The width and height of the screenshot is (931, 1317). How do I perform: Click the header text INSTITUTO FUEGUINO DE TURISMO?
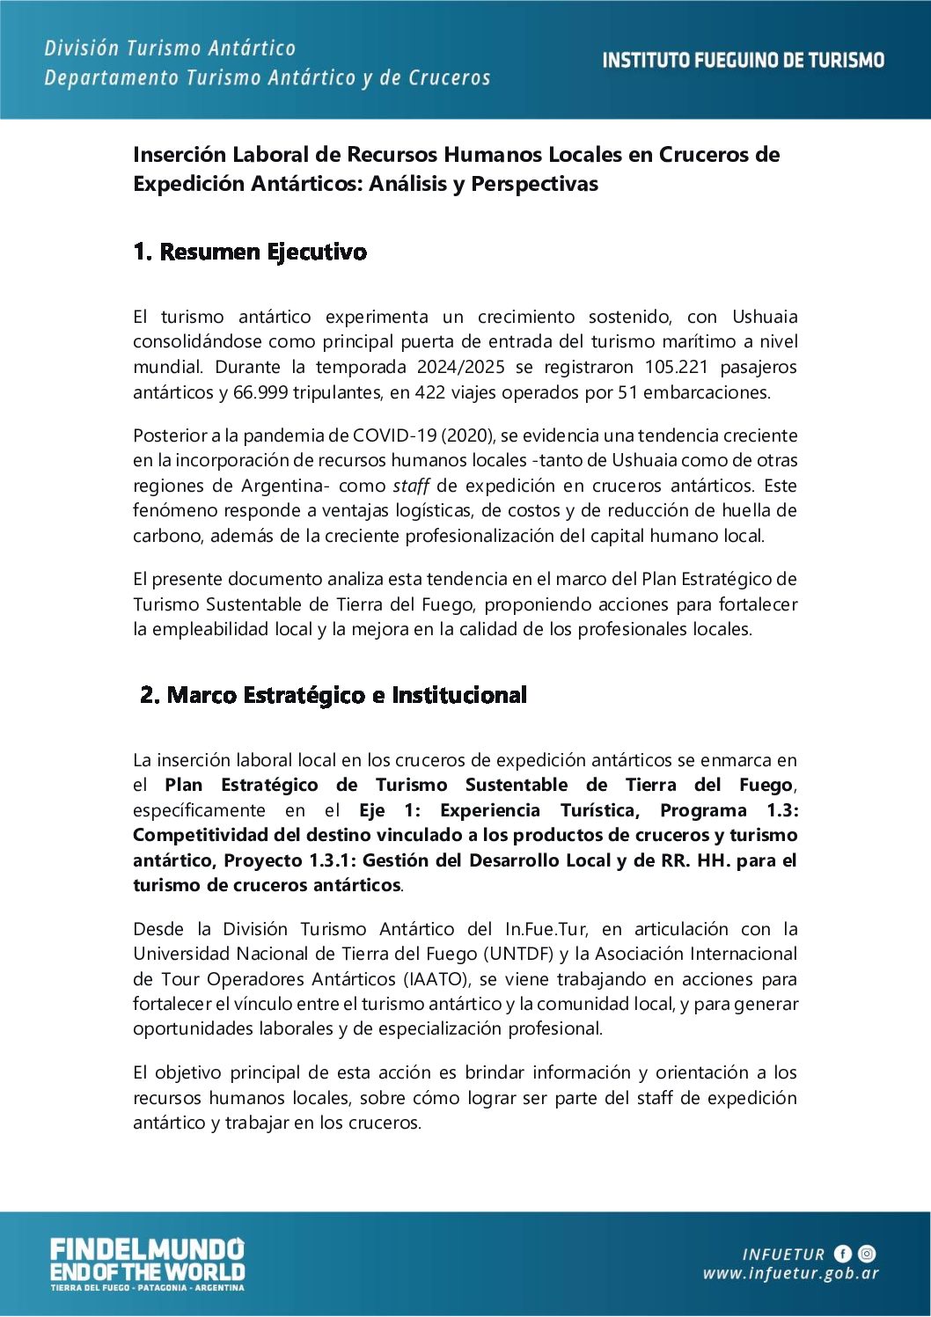[743, 61]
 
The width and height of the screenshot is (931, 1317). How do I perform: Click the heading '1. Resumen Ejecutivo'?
[250, 252]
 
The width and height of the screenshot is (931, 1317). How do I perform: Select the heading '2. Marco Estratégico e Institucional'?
[334, 696]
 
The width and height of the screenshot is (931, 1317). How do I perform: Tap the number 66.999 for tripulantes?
[260, 392]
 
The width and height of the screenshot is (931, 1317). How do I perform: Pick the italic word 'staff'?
[411, 486]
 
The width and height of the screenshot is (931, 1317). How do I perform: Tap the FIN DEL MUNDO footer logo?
[147, 1263]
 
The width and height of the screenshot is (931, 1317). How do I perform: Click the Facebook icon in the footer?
[843, 1254]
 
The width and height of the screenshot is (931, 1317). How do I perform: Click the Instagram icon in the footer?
[867, 1254]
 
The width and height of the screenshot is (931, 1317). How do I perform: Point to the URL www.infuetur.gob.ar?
[790, 1274]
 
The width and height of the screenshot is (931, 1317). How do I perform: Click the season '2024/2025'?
[461, 367]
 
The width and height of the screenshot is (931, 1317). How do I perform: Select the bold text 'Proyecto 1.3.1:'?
[290, 860]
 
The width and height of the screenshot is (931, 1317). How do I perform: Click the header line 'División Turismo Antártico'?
[170, 48]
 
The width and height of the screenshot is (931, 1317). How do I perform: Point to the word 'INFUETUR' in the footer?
[783, 1255]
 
